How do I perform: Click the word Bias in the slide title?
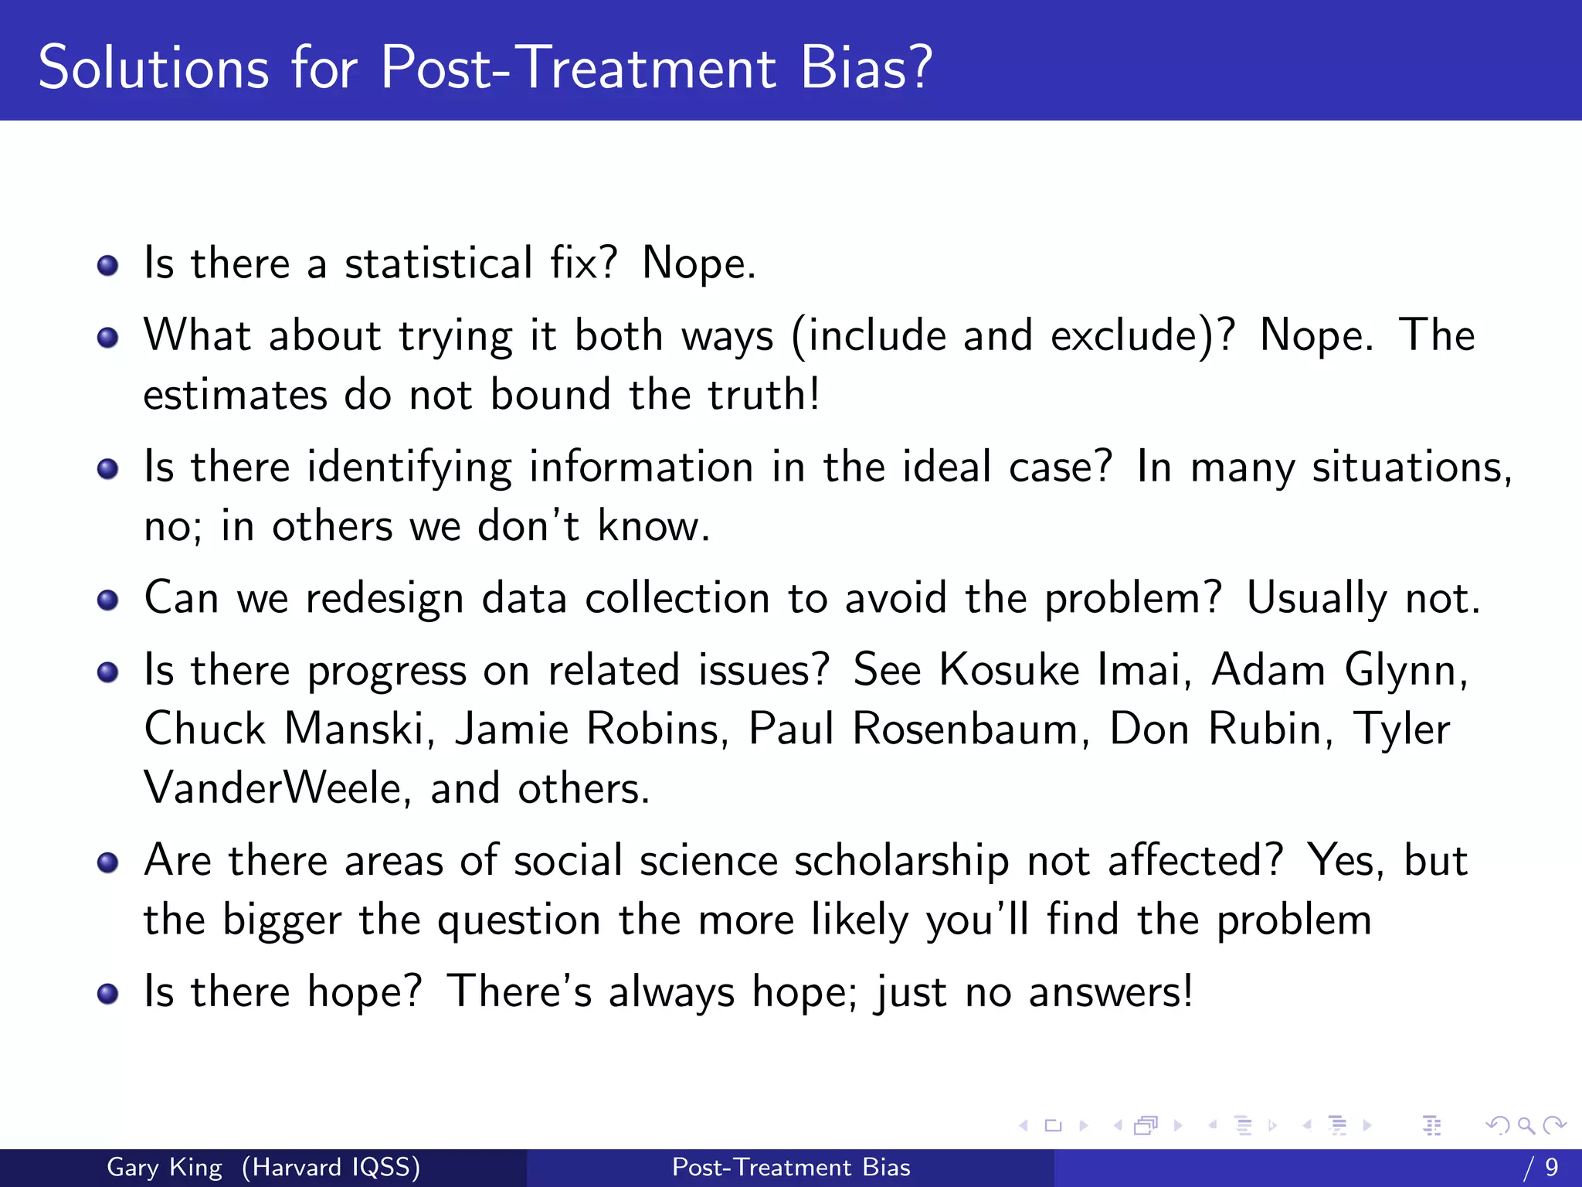tap(866, 68)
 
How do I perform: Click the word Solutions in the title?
tap(154, 68)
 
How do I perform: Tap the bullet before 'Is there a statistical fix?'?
tap(108, 267)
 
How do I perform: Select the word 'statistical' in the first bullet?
tap(438, 264)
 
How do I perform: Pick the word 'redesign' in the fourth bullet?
tap(384, 600)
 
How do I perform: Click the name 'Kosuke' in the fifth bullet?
tap(1009, 670)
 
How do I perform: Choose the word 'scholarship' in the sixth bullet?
tap(901, 861)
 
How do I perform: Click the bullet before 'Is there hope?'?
tap(108, 994)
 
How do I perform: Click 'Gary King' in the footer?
tap(165, 1167)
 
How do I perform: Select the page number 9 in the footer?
tap(1551, 1167)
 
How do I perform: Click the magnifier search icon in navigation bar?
tap(1526, 1126)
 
